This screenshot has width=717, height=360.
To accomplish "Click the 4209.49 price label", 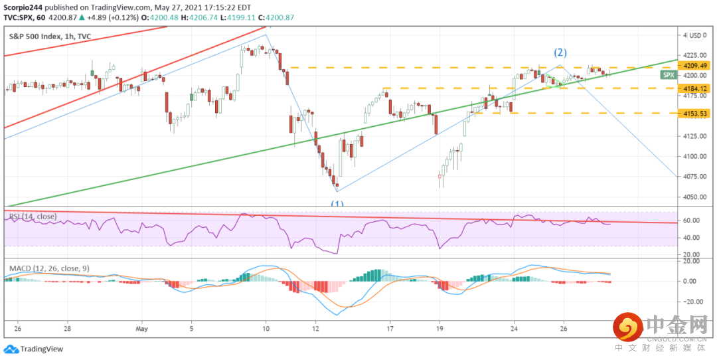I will pyautogui.click(x=695, y=66).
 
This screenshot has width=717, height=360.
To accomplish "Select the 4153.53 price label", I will pyautogui.click(x=695, y=114).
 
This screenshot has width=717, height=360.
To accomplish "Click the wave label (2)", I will pyautogui.click(x=560, y=52).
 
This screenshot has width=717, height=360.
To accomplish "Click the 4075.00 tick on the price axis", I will pyautogui.click(x=694, y=177).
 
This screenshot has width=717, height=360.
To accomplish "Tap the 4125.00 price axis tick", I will pyautogui.click(x=694, y=136).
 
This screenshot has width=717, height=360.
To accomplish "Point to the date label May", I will pyautogui.click(x=141, y=328).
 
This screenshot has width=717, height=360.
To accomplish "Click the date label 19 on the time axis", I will pyautogui.click(x=439, y=328).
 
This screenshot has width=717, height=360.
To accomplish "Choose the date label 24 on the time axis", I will pyautogui.click(x=514, y=328).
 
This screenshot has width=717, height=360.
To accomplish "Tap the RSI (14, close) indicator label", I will pyautogui.click(x=33, y=217).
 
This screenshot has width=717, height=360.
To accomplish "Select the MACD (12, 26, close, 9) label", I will pyautogui.click(x=48, y=268).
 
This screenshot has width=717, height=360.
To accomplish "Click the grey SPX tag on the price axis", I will pyautogui.click(x=669, y=76).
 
